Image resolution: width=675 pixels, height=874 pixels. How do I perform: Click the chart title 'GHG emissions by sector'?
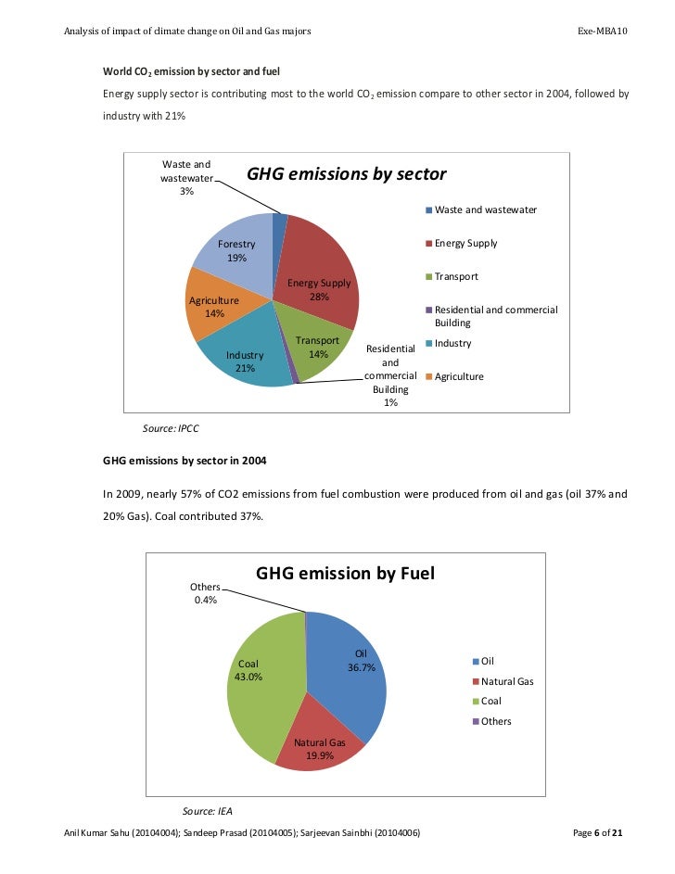coord(346,174)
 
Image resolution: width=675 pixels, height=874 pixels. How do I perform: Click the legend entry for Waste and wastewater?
coord(480,210)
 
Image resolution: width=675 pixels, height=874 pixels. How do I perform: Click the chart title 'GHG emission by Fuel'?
coord(345,575)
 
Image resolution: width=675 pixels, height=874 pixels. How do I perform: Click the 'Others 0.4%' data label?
coord(205,593)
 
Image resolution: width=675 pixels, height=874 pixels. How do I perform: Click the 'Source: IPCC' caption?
coord(171,428)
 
